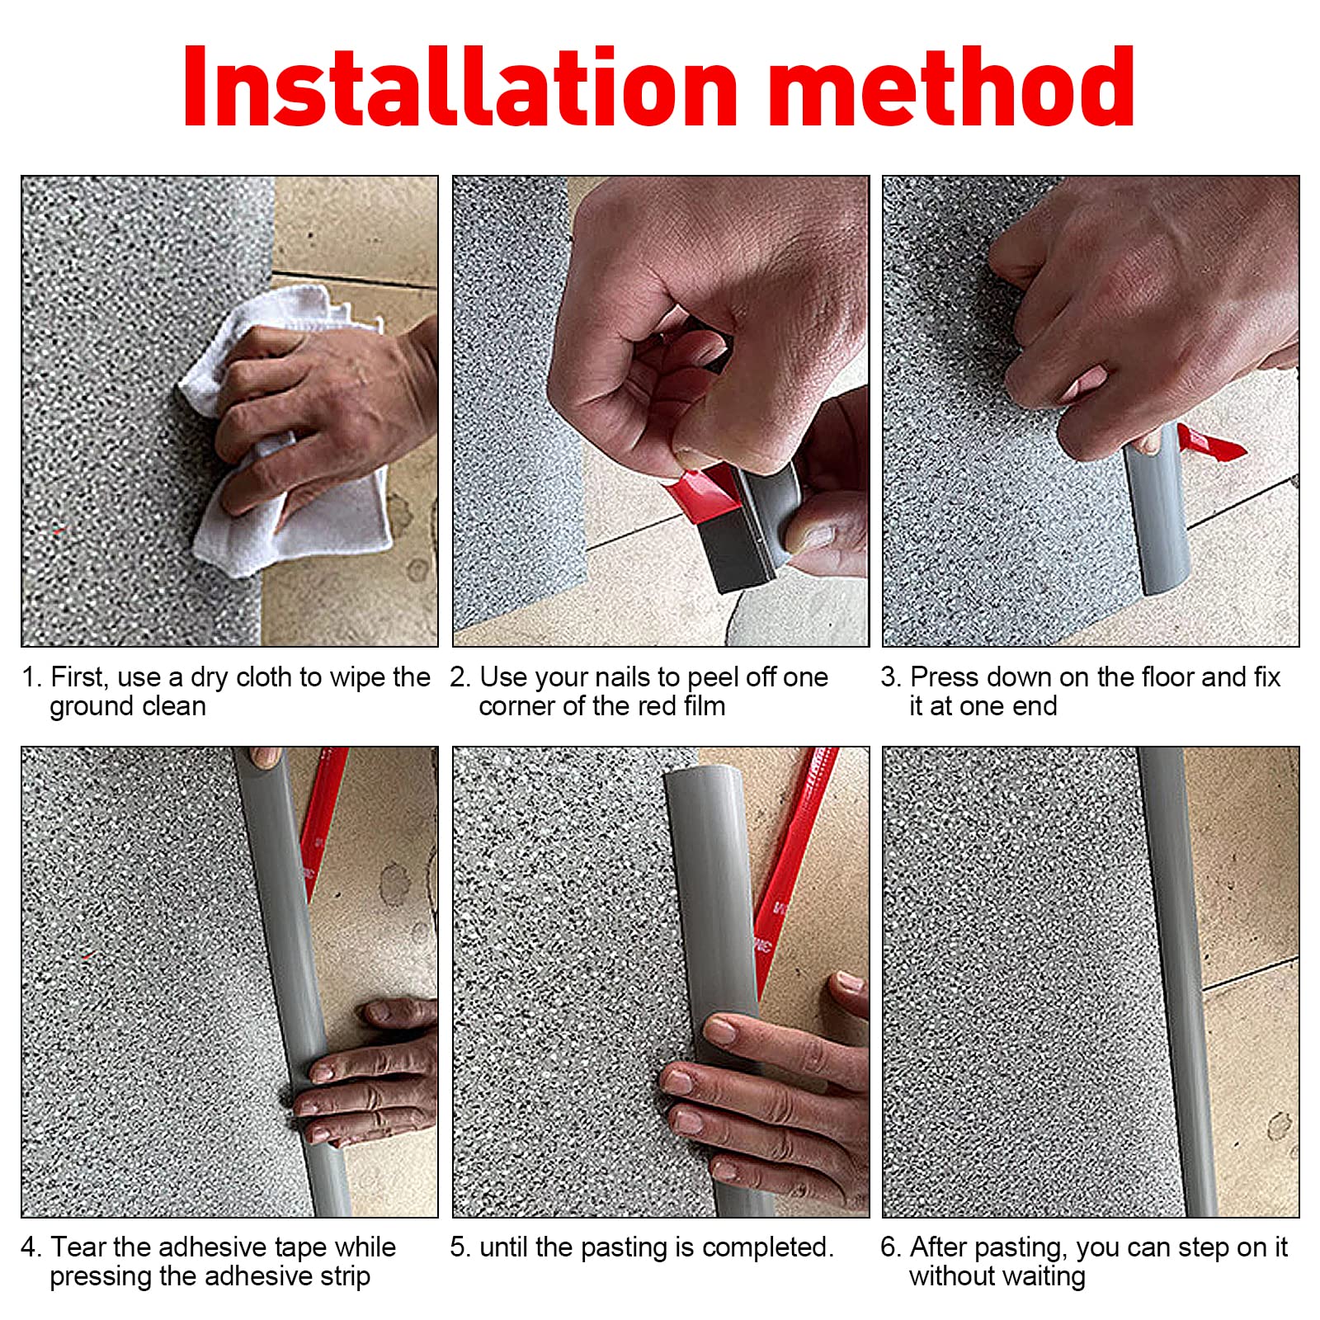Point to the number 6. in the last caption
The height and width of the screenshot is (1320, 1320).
pos(891,1247)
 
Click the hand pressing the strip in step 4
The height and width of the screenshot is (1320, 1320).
pos(367,1072)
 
